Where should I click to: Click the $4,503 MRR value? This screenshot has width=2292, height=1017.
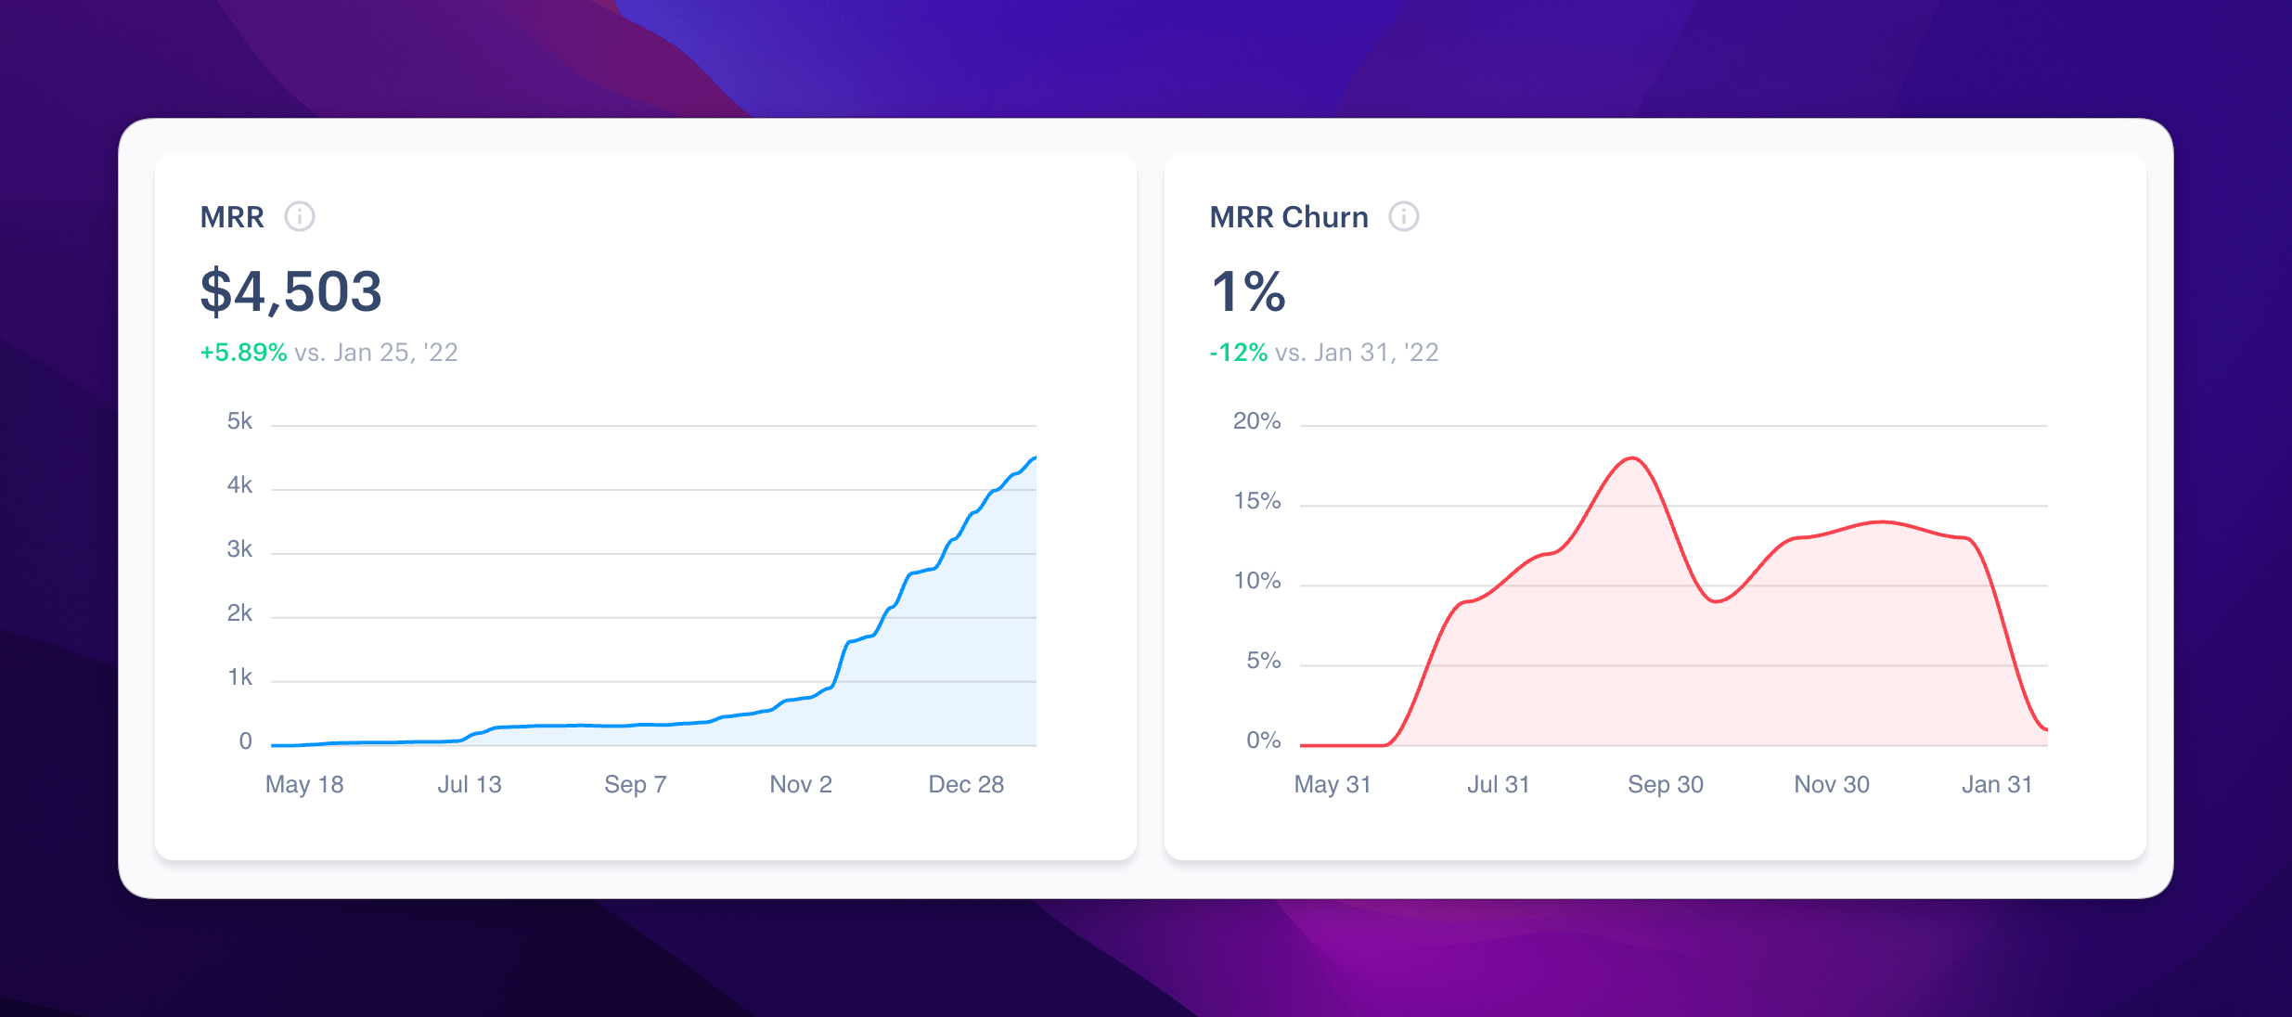[290, 291]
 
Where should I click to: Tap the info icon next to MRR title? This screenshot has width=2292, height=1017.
[299, 216]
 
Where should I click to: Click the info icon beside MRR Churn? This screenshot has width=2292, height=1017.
[1403, 216]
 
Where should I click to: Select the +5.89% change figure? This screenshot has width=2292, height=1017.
[243, 353]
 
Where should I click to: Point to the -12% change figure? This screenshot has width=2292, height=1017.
[1238, 353]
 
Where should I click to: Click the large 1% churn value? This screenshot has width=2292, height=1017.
[1248, 291]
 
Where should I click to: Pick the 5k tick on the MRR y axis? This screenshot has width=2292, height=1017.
[239, 421]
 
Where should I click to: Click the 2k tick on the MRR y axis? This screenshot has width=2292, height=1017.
[239, 613]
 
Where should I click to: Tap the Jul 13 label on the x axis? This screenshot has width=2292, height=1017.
[470, 785]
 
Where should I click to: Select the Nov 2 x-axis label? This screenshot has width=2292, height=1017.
[801, 785]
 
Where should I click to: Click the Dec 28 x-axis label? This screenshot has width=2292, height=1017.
[966, 785]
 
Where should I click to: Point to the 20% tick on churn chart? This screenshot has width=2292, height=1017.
[1256, 421]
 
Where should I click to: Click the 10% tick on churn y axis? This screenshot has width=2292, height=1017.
[1256, 581]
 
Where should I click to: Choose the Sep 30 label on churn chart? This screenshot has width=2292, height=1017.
[1666, 785]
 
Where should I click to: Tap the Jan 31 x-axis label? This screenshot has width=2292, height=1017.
[1997, 785]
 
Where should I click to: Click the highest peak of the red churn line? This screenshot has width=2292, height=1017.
[1632, 458]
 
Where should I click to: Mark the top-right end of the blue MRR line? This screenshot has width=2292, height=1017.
[1034, 457]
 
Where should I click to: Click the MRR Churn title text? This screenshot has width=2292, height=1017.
[1289, 217]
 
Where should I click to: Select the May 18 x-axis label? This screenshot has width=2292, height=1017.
[304, 785]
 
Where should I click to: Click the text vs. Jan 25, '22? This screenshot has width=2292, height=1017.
[376, 353]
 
